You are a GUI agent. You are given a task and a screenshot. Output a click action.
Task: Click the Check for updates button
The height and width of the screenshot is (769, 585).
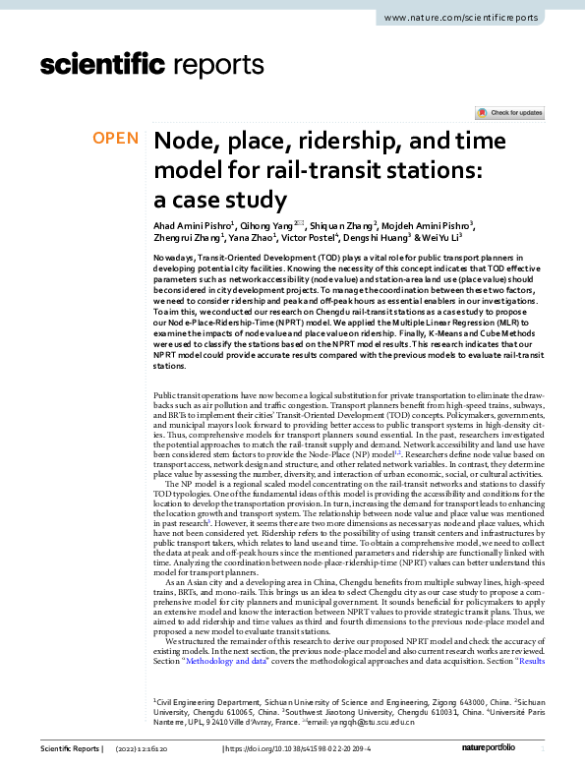[x=509, y=113]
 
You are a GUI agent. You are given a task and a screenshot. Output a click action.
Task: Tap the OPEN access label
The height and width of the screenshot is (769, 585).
[x=116, y=139]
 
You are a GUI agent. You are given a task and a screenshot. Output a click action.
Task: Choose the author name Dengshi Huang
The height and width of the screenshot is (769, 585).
[x=377, y=237]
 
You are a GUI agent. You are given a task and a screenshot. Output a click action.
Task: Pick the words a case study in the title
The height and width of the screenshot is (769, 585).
[x=219, y=199]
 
